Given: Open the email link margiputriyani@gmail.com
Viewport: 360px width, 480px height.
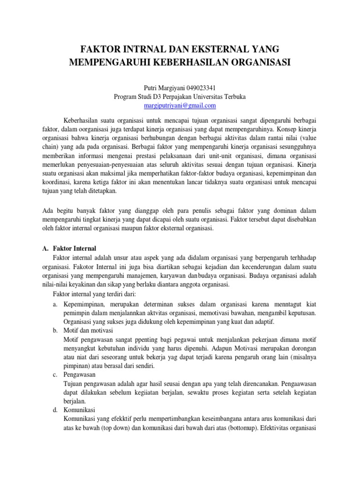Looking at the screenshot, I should tap(180, 105).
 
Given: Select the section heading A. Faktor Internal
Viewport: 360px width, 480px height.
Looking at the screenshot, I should tap(69, 248).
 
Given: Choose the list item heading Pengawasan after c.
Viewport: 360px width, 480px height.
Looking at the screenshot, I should tap(80, 375).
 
